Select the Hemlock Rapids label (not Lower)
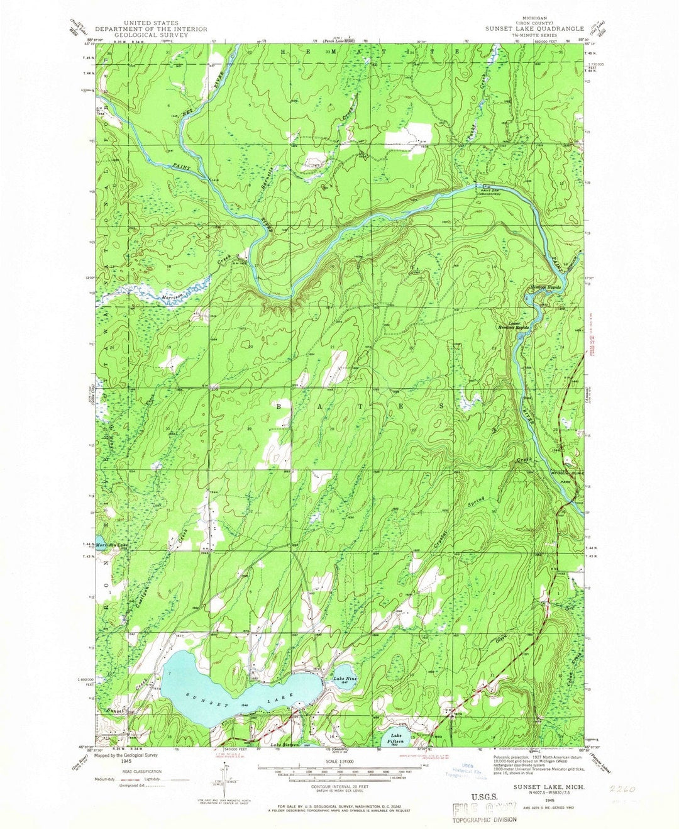tap(544, 287)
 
